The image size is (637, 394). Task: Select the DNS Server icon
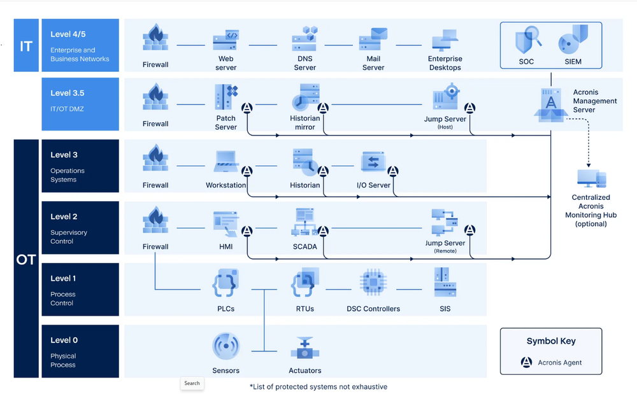tap(305, 39)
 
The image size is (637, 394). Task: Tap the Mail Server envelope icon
tap(373, 39)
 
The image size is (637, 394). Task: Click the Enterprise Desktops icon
tap(445, 40)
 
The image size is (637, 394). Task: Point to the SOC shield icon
tap(527, 39)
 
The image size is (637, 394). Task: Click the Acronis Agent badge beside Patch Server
tap(247, 108)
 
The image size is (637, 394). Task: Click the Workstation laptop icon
tap(226, 162)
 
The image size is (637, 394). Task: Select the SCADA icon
tap(305, 223)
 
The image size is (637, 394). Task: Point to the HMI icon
tap(226, 223)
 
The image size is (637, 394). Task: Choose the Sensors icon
tap(226, 346)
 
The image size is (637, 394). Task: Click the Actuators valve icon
tap(305, 347)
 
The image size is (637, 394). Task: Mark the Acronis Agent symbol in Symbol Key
tap(526, 362)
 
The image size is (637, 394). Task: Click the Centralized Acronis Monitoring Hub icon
tap(591, 178)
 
